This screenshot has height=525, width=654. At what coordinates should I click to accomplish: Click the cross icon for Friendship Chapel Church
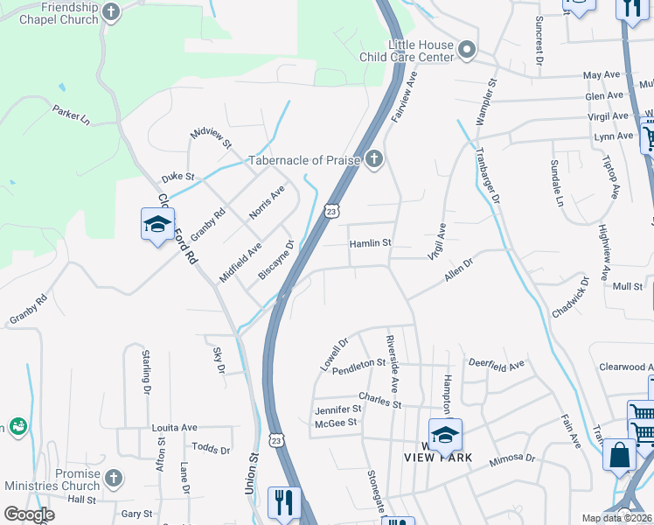pyautogui.click(x=111, y=12)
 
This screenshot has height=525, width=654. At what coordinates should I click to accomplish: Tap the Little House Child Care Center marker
pyautogui.click(x=467, y=50)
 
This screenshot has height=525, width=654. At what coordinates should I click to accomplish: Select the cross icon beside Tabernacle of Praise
pyautogui.click(x=373, y=159)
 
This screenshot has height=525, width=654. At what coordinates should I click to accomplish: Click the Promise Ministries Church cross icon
pyautogui.click(x=113, y=478)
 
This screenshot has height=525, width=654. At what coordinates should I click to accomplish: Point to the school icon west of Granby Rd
pyautogui.click(x=157, y=225)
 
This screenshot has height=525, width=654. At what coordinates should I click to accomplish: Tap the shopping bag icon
pyautogui.click(x=620, y=455)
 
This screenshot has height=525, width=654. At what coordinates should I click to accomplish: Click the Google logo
pyautogui.click(x=29, y=514)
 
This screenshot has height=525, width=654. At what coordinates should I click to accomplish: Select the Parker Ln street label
pyautogui.click(x=71, y=115)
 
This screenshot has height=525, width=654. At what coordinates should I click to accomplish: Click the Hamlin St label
pyautogui.click(x=370, y=243)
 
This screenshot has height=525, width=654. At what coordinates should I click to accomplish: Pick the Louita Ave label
pyautogui.click(x=174, y=428)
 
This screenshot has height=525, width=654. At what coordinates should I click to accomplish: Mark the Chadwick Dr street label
pyautogui.click(x=572, y=297)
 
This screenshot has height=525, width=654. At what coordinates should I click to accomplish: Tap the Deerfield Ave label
pyautogui.click(x=496, y=363)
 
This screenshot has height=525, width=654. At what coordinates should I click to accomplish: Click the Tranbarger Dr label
pyautogui.click(x=488, y=175)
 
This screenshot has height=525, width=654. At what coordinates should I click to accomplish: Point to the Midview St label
pyautogui.click(x=211, y=136)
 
